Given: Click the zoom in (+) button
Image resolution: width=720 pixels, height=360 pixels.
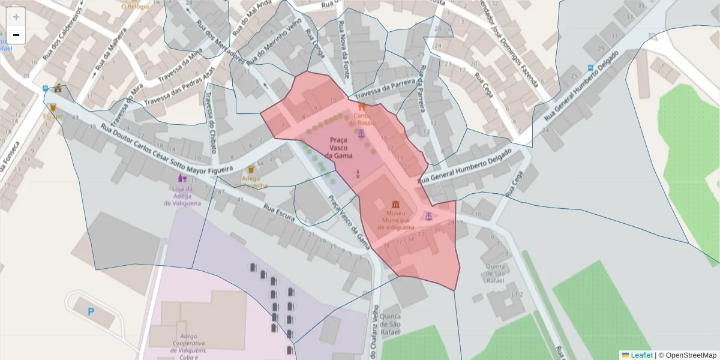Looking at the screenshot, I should (x=16, y=17).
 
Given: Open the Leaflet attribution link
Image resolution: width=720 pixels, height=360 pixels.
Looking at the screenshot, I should (x=641, y=355).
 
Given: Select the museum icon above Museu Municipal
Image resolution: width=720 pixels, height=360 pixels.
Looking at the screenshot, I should (x=396, y=205).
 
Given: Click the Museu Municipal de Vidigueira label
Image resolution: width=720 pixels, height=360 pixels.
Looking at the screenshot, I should (x=396, y=220).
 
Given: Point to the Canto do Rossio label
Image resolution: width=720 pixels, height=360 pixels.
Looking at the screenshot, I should (x=364, y=119).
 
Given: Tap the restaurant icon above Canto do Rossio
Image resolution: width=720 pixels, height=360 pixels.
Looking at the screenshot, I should (x=362, y=106).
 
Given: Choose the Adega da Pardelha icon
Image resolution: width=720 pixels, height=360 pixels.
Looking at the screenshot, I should (x=251, y=170).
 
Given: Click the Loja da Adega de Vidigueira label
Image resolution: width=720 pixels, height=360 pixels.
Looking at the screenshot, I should (x=182, y=196).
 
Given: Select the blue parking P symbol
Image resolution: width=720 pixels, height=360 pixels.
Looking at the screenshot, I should (x=91, y=311).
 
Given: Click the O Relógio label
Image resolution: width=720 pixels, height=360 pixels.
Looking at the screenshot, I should (x=134, y=6).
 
